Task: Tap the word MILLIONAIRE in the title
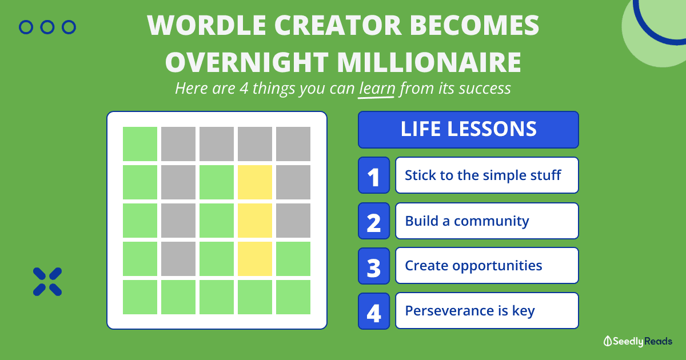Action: [x=429, y=62]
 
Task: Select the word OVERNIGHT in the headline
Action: [x=247, y=62]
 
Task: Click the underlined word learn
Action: [x=377, y=89]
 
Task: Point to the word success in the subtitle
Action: [x=485, y=89]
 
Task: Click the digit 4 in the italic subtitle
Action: [x=244, y=89]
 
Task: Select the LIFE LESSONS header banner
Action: [x=468, y=130]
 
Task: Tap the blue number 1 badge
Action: [x=374, y=175]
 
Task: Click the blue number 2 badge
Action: [x=374, y=221]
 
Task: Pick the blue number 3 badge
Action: [x=374, y=266]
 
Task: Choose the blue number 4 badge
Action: [x=374, y=311]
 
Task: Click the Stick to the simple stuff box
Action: [x=487, y=175]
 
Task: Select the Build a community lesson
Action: [x=487, y=221]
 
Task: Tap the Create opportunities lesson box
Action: [x=487, y=265]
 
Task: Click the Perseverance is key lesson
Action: [x=487, y=311]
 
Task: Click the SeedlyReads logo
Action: [x=638, y=341]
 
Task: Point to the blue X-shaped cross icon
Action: [x=47, y=282]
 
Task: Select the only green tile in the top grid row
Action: [x=140, y=144]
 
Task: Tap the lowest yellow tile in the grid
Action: [x=255, y=259]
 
